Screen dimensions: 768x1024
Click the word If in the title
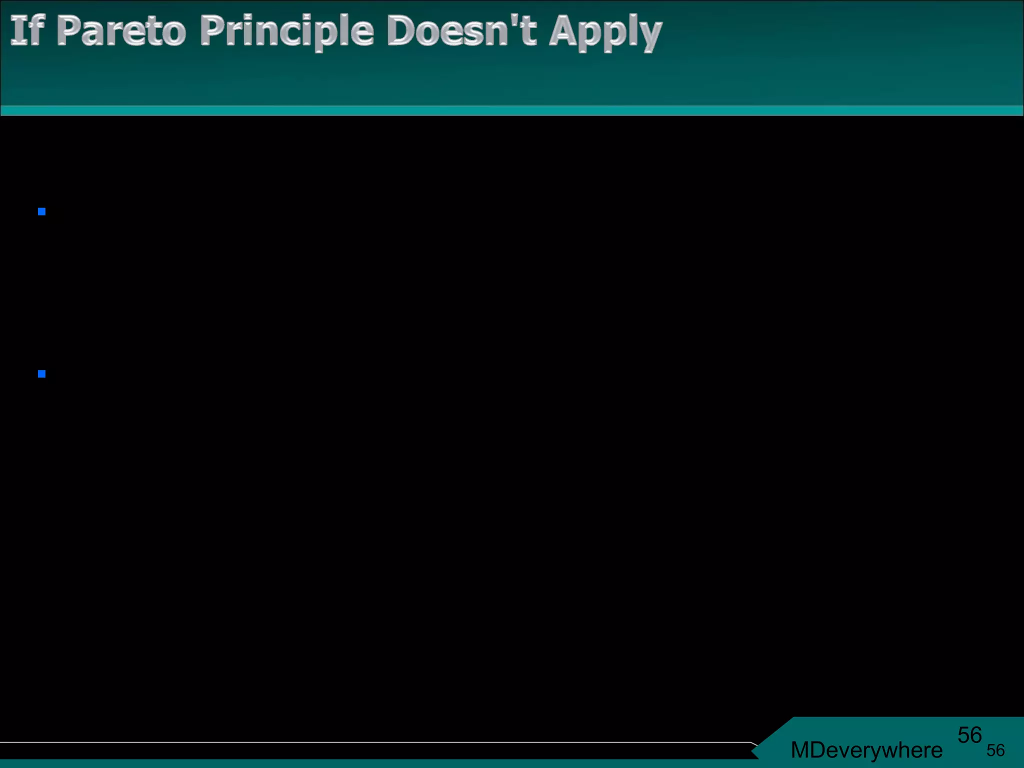[x=28, y=31]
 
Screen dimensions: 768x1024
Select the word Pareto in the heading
[x=121, y=31]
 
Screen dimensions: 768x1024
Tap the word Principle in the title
[x=286, y=32]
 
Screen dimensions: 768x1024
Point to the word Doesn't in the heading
[x=461, y=31]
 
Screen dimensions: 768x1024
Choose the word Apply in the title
[x=605, y=33]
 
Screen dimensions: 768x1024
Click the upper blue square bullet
[x=42, y=212]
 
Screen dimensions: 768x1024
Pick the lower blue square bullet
[x=42, y=374]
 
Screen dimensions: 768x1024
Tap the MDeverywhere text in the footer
[x=866, y=750]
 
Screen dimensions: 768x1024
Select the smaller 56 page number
[x=995, y=750]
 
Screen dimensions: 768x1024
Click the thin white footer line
[x=375, y=742]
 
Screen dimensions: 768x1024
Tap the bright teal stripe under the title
[x=512, y=110]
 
